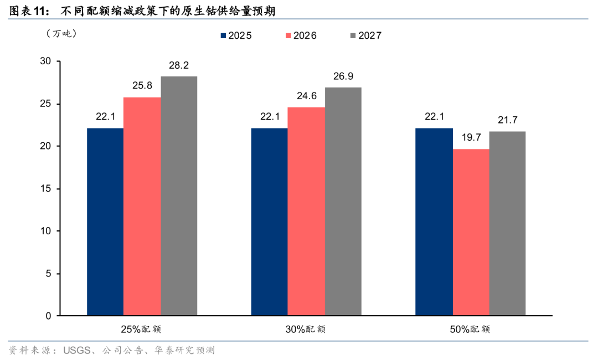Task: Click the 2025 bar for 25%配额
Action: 105,222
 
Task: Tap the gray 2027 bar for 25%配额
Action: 179,196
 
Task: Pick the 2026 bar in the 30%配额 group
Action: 306,211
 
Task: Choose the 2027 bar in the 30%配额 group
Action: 343,202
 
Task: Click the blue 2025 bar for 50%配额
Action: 434,222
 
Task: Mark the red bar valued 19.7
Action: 471,232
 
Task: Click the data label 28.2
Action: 179,65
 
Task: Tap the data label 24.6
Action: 306,96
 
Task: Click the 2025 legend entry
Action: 236,35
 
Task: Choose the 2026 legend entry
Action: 301,35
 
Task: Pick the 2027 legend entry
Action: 366,35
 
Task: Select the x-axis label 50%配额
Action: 470,329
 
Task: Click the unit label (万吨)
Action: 61,34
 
